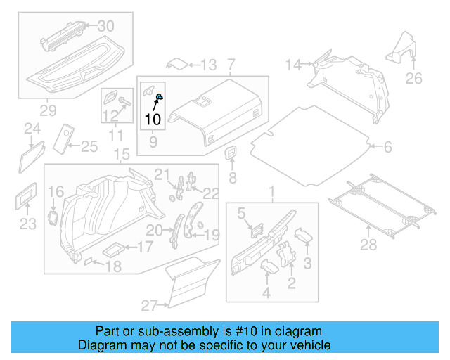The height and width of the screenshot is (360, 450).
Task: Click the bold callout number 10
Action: [x=152, y=119]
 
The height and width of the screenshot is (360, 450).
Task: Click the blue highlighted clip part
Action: [x=159, y=97]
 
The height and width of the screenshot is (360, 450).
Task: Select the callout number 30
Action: [x=105, y=26]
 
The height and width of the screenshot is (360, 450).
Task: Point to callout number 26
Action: [x=414, y=78]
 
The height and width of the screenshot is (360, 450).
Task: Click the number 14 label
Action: [x=293, y=65]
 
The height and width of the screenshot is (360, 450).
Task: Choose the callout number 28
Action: [x=368, y=244]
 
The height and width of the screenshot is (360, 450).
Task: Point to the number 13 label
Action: [x=209, y=65]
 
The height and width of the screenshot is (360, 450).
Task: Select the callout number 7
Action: [x=231, y=65]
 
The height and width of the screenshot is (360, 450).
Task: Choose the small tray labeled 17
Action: [x=116, y=248]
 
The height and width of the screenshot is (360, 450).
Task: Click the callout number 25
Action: [x=89, y=146]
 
